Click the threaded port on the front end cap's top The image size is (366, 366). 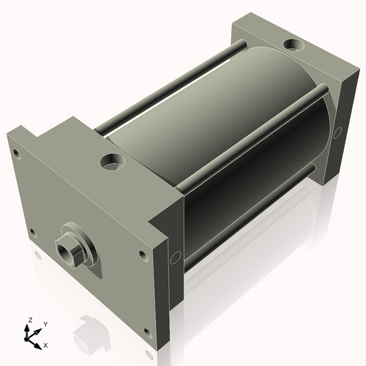pyautogui.click(x=113, y=160)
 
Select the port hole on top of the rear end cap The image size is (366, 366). pyautogui.click(x=294, y=45)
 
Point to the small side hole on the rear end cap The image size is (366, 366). pyautogui.click(x=337, y=132)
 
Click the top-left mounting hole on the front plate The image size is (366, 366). pyautogui.click(x=15, y=154)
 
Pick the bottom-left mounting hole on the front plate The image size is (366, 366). pyautogui.click(x=31, y=233)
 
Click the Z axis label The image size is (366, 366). pyautogui.click(x=29, y=320)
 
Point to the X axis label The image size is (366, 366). pyautogui.click(x=46, y=344)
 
